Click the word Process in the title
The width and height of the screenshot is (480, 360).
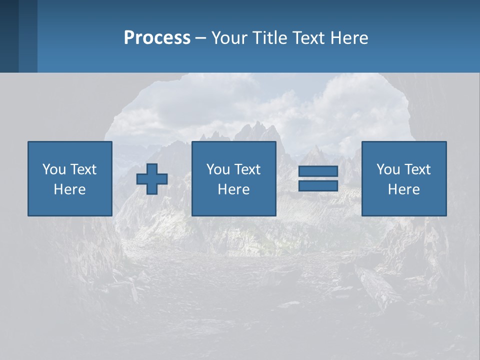(157, 38)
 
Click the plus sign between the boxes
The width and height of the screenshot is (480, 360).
(152, 179)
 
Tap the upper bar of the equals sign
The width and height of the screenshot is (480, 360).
(318, 171)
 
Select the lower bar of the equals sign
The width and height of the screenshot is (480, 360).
(318, 185)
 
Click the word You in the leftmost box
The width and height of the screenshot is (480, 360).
(53, 169)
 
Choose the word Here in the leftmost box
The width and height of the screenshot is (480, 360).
(69, 189)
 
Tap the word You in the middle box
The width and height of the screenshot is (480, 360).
(217, 169)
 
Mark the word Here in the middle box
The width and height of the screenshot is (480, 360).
(233, 189)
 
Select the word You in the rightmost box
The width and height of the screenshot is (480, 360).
(387, 169)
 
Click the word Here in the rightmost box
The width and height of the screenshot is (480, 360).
(403, 189)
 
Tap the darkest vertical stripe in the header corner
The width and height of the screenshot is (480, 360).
(9, 36)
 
